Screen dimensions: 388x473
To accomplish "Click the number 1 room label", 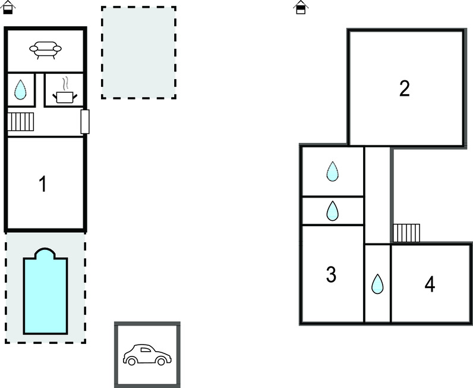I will [x=42, y=184].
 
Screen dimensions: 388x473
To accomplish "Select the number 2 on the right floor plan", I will [x=404, y=89].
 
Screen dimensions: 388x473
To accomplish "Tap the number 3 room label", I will [x=331, y=274].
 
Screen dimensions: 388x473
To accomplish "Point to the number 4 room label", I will [x=430, y=284].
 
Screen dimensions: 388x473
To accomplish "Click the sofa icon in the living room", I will [x=45, y=51].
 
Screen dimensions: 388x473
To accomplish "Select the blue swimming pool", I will [x=45, y=295].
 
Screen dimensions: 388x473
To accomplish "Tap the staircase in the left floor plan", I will [x=21, y=121].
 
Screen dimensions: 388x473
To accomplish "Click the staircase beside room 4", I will [x=406, y=233].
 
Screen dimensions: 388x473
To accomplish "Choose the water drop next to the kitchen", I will [x=21, y=90].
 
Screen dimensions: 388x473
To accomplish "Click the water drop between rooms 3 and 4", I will [x=377, y=284].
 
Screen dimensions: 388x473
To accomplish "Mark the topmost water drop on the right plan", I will [x=333, y=171].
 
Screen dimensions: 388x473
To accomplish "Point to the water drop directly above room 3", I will [x=333, y=211].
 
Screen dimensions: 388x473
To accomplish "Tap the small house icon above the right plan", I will [x=301, y=7].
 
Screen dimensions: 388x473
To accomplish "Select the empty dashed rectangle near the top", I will [x=138, y=52].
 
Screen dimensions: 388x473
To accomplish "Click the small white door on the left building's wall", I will [x=85, y=121].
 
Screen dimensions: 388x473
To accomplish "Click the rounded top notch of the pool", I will [x=45, y=254].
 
